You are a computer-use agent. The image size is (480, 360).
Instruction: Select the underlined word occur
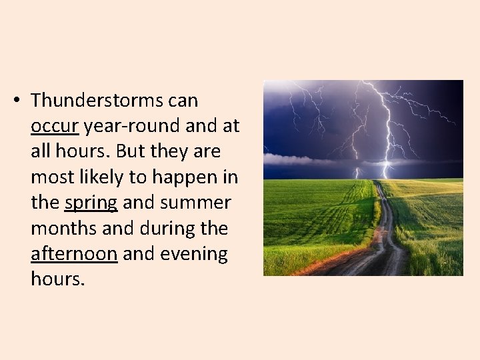tap(55, 126)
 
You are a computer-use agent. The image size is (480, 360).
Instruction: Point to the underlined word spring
tap(91, 203)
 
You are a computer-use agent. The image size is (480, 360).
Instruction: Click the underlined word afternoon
tap(74, 254)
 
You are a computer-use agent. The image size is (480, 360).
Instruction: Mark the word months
tap(63, 229)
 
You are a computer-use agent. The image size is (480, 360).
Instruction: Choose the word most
tap(51, 177)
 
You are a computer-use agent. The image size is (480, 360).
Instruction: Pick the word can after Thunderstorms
tap(183, 101)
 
